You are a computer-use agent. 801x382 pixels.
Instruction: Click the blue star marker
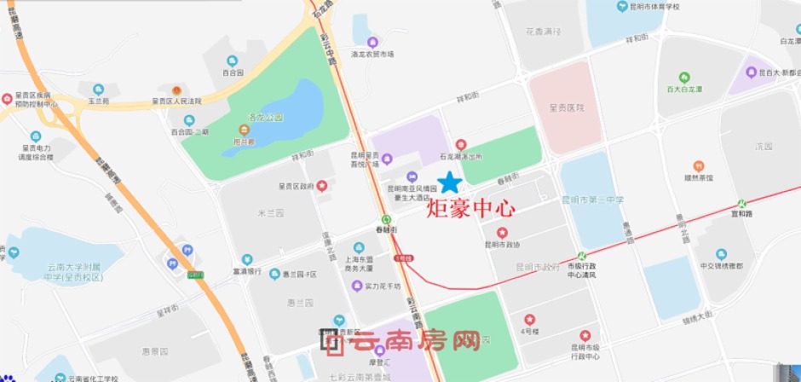[x=449, y=182]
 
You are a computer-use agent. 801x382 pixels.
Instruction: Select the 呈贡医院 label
[x=567, y=107]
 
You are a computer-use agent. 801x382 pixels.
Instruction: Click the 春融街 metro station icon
[x=386, y=217]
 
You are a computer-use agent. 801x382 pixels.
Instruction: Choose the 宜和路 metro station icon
[x=741, y=204]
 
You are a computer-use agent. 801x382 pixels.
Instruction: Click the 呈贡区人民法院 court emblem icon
[x=176, y=90]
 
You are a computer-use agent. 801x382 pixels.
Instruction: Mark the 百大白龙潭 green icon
[x=683, y=78]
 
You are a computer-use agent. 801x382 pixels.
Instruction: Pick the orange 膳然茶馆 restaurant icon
[x=698, y=165]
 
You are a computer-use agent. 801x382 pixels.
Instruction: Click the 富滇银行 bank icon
[x=246, y=259]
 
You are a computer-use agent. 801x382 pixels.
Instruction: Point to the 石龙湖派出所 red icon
[x=461, y=145]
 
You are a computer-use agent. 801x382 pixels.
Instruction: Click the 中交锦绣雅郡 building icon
[x=721, y=254]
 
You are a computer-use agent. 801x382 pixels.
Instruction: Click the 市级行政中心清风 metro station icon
[x=582, y=255]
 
